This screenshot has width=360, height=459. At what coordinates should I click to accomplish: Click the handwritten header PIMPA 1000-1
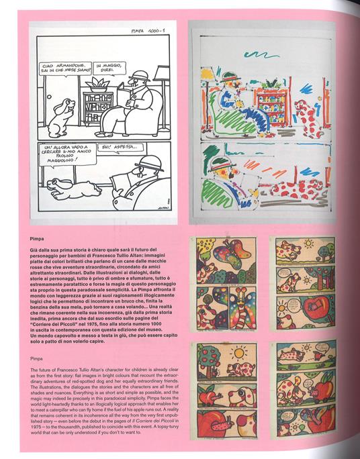(x=146, y=30)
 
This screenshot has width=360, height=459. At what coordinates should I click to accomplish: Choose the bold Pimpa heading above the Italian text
(x=38, y=238)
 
